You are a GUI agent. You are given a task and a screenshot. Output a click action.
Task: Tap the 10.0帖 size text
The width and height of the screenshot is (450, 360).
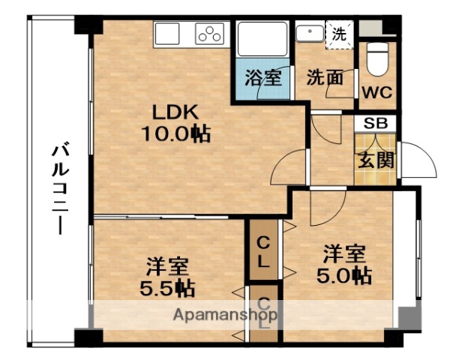click(175, 134)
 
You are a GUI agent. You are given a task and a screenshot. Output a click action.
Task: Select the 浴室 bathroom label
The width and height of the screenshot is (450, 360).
click(262, 76)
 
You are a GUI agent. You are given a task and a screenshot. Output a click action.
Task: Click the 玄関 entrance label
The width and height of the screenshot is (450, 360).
click(376, 160)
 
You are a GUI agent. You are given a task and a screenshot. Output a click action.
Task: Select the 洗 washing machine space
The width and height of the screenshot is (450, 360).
click(340, 34)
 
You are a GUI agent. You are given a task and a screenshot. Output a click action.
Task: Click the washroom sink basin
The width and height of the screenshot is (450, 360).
click(309, 34)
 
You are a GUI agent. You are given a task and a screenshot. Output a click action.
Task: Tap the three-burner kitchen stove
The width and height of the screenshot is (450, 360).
click(210, 34)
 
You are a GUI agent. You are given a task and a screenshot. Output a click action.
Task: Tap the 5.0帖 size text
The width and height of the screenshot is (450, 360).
click(343, 274)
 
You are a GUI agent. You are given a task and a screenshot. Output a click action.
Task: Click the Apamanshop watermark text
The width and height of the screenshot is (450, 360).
click(225, 315)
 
